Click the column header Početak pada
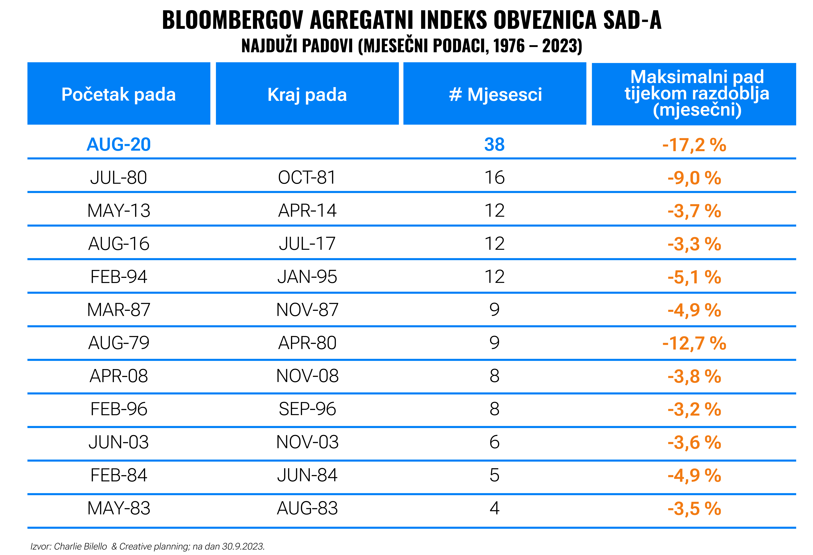[x=119, y=94]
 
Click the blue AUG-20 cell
[x=119, y=144]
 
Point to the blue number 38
[x=494, y=144]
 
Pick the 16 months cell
[x=494, y=178]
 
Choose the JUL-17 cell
[x=307, y=244]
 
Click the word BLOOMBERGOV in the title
[x=233, y=20]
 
